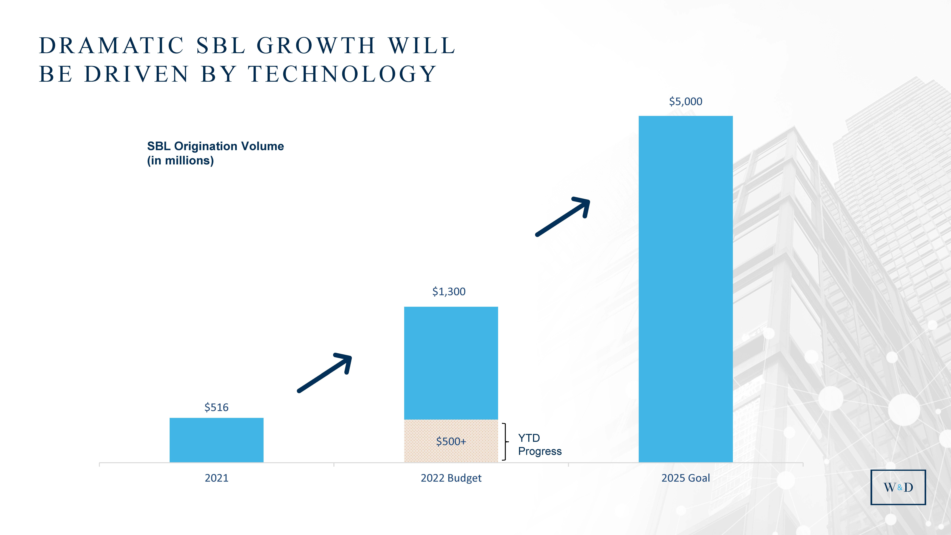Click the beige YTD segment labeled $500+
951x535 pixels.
point(451,441)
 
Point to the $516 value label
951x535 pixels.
point(216,407)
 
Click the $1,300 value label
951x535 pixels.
point(449,292)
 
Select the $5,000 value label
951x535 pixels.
point(686,102)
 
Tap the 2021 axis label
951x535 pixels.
point(216,478)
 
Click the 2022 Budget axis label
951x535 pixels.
point(451,478)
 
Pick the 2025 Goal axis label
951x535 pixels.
point(686,478)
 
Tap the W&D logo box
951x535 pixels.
point(898,487)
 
